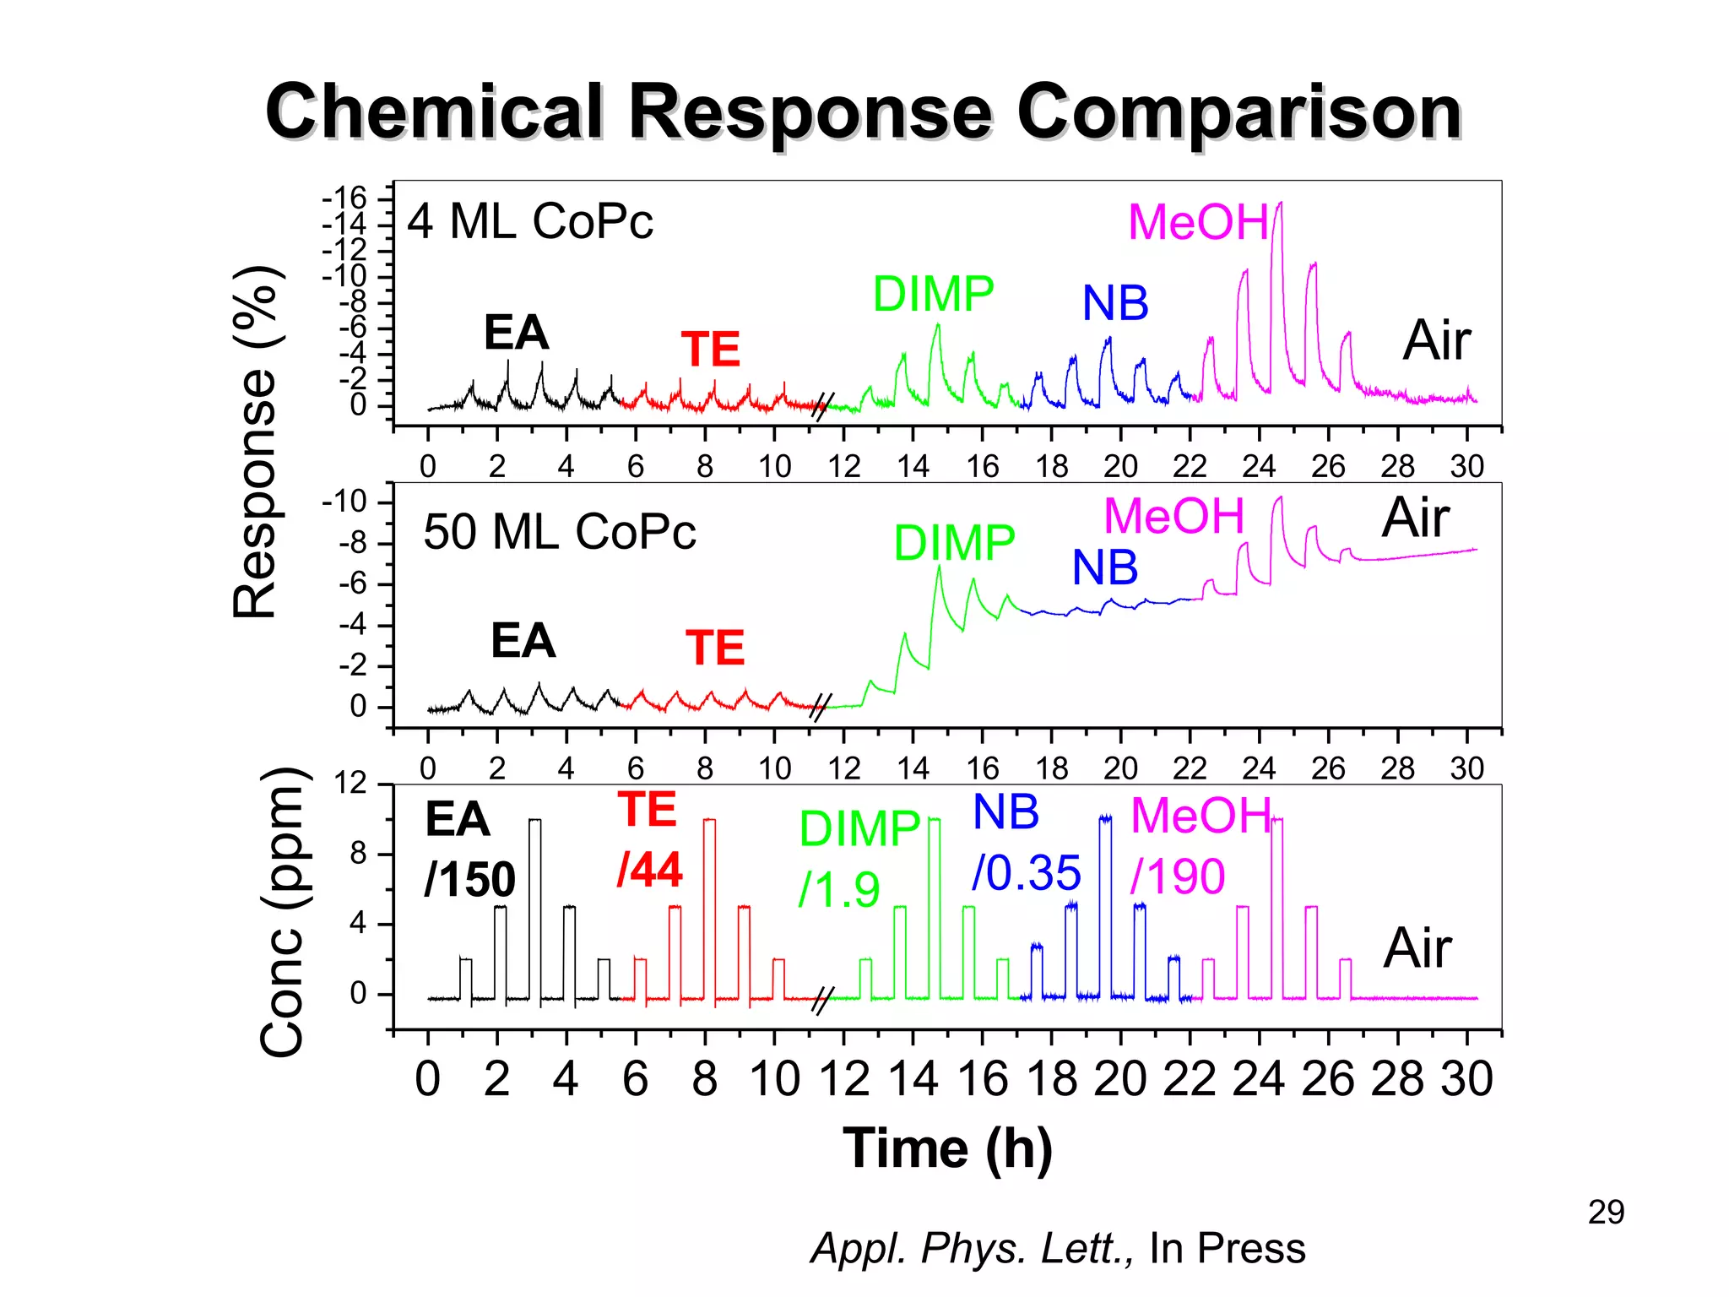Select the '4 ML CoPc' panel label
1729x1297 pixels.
tap(530, 222)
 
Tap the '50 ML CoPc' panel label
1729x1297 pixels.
tap(559, 532)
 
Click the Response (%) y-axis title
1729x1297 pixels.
tap(256, 442)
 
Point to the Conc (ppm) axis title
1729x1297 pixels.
tap(282, 912)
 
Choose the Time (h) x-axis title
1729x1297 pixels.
tap(947, 1149)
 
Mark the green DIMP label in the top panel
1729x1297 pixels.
tap(933, 294)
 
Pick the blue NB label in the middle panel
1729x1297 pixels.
tap(1104, 567)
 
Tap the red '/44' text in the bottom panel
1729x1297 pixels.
tap(649, 870)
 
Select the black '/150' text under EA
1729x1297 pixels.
tap(469, 880)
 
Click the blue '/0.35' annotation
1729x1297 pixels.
tap(1026, 873)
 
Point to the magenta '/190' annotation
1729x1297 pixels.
tap(1178, 876)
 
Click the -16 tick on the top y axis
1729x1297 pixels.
tap(344, 199)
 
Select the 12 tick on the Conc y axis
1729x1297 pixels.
tap(350, 784)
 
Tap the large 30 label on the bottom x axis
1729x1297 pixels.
tap(1466, 1079)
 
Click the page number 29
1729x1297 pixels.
tap(1606, 1213)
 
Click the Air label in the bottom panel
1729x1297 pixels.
tap(1417, 948)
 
